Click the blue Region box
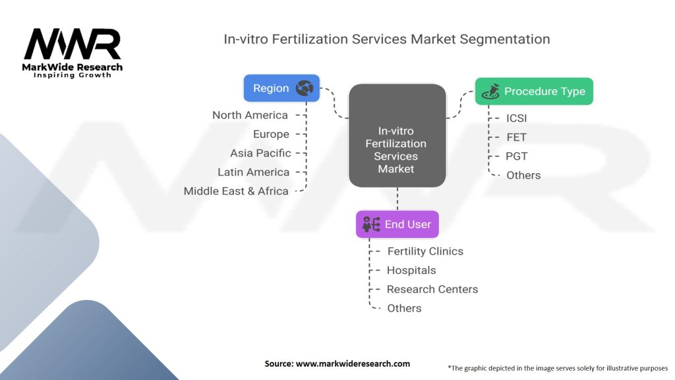(x=281, y=88)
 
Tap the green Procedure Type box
(x=534, y=91)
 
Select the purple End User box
(x=397, y=224)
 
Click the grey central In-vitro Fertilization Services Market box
(x=397, y=136)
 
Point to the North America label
(x=250, y=115)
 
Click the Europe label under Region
(x=271, y=135)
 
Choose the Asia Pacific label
(x=260, y=153)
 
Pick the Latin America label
(x=254, y=172)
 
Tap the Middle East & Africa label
(x=236, y=191)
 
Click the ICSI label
(x=517, y=118)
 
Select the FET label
(x=517, y=137)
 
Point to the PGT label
(x=517, y=156)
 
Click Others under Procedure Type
(x=523, y=175)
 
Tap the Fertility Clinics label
(x=425, y=251)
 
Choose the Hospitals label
(x=411, y=270)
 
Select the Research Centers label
(x=432, y=289)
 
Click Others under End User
(x=404, y=308)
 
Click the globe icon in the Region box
(x=305, y=88)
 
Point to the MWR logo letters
(x=73, y=44)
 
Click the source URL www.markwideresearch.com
(x=353, y=364)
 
